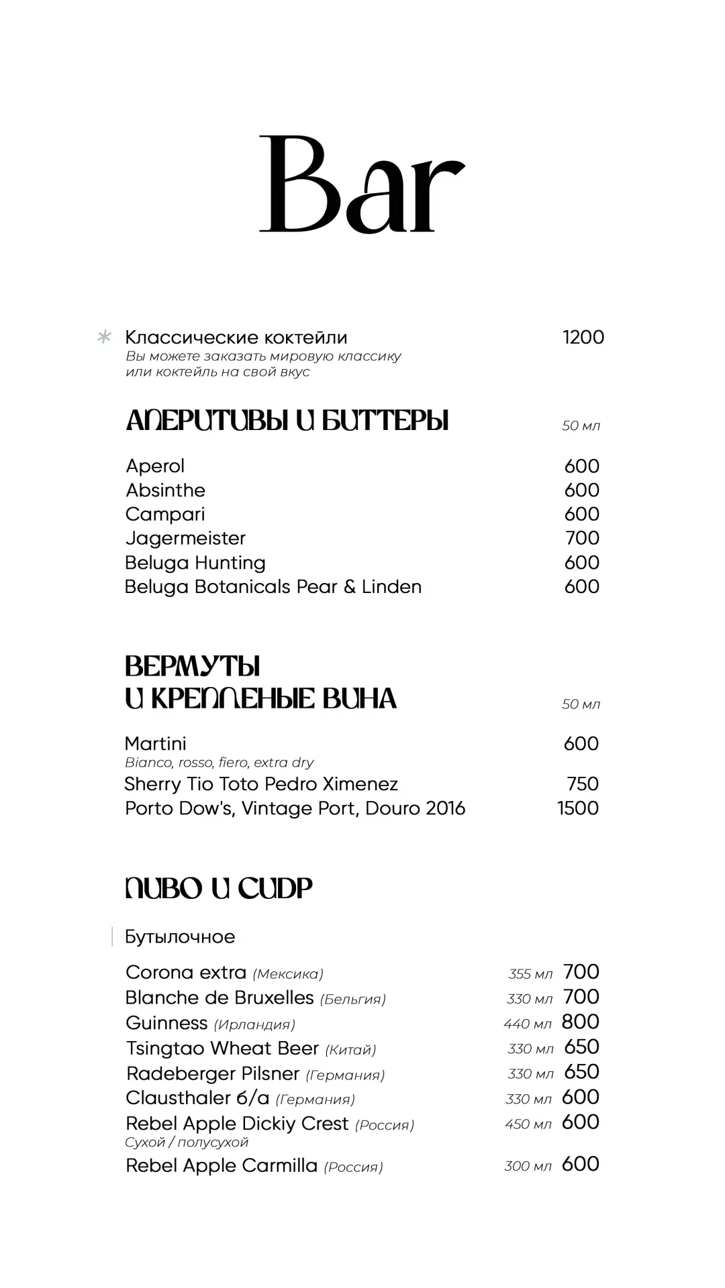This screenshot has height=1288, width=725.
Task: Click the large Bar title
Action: coord(362,184)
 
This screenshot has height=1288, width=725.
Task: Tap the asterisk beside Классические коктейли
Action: coord(104,337)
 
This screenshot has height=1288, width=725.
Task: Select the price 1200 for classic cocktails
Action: coord(583,337)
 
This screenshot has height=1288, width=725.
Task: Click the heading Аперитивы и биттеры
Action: coord(287,421)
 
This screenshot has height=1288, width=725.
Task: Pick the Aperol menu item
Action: coord(155,466)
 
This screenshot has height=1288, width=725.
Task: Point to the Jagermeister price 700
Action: coord(582,538)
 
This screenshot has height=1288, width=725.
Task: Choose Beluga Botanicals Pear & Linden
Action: coord(273,587)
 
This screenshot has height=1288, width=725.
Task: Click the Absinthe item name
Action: coord(165,490)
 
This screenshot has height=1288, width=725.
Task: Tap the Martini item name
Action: coord(156,744)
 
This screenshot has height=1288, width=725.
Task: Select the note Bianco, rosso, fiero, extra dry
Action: coord(220,763)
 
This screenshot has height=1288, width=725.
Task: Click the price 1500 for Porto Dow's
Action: coord(578,808)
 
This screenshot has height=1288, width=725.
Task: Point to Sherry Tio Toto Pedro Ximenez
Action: coord(261,784)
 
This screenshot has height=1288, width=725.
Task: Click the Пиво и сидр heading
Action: coord(219,889)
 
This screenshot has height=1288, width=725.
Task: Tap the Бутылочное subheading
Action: coord(180,937)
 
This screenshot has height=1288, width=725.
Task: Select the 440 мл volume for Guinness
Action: coord(528,1024)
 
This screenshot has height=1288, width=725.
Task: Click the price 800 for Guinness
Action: coord(581,1022)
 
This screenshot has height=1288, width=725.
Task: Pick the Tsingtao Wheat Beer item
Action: coord(222,1049)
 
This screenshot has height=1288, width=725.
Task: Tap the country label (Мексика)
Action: coord(288,974)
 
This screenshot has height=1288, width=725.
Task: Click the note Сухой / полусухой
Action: coord(187,1142)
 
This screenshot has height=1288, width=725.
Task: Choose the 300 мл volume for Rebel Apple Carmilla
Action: coord(528,1167)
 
